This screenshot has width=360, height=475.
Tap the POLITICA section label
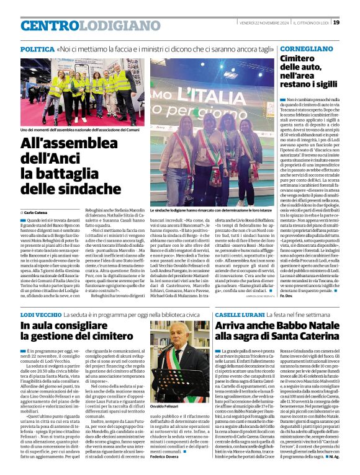point(37,48)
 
